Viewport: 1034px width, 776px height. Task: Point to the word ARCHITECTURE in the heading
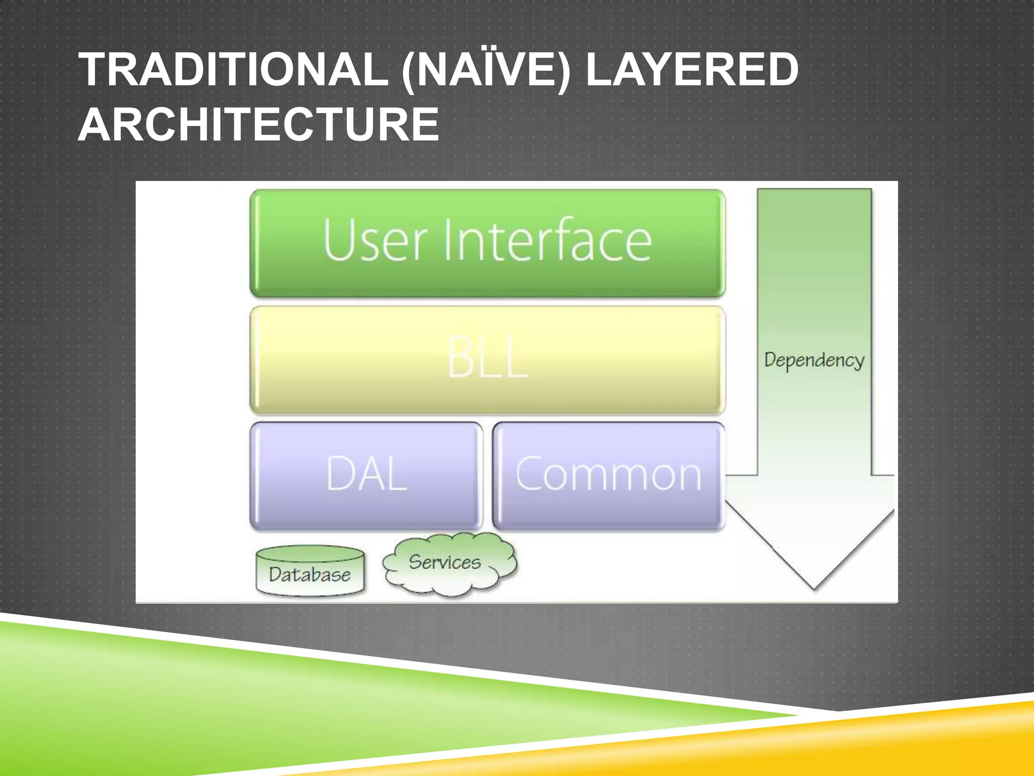(258, 125)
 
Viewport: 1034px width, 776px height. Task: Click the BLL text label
(488, 358)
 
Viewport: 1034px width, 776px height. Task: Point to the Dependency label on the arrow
(814, 360)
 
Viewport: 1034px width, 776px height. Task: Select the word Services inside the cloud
(444, 562)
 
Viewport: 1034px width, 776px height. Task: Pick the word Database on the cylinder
(309, 575)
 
